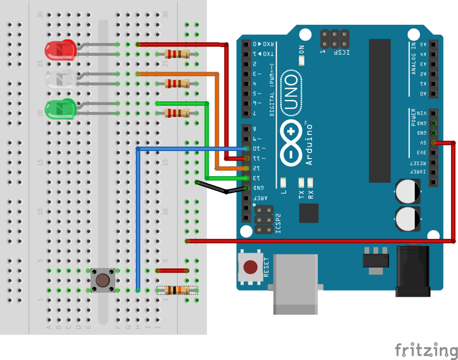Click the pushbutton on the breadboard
tap(102, 280)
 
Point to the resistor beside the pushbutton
tap(177, 291)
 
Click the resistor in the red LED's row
tap(177, 54)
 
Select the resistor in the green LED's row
tap(177, 113)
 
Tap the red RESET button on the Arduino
tap(250, 267)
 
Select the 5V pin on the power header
tap(433, 143)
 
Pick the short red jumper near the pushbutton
tap(173, 271)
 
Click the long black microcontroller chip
tap(379, 111)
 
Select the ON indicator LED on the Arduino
tap(302, 60)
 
